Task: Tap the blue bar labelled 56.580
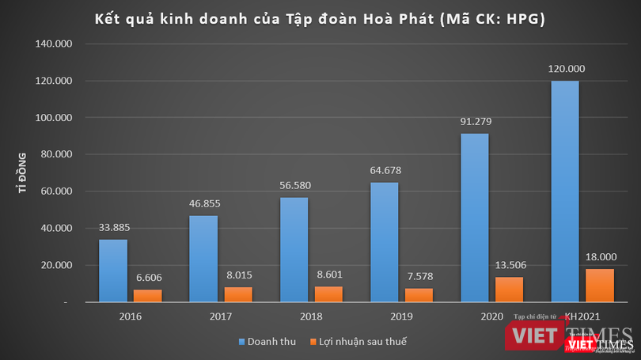(294, 249)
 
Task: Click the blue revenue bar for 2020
(475, 218)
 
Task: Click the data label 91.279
(476, 121)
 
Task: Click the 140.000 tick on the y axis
(55, 44)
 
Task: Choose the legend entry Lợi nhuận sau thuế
(359, 341)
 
